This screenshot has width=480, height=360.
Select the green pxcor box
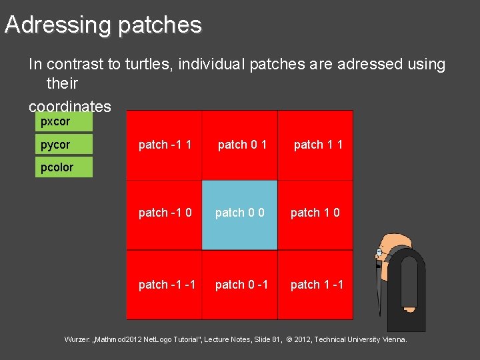[63, 122]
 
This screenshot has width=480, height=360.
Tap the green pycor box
[63, 145]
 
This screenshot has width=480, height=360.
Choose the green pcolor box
[63, 167]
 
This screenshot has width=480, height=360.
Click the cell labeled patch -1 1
[165, 145]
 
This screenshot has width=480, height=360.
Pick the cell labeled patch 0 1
[241, 145]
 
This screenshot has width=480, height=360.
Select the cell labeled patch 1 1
[317, 145]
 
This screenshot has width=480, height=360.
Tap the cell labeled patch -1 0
[165, 213]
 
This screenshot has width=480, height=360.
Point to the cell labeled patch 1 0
[315, 213]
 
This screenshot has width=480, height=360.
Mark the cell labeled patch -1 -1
[167, 285]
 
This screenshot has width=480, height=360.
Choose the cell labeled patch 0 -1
[241, 285]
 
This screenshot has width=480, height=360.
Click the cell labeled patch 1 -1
[317, 285]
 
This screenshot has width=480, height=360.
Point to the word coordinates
[69, 107]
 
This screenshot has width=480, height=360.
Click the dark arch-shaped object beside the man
[405, 287]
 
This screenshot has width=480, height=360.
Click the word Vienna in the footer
[391, 340]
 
